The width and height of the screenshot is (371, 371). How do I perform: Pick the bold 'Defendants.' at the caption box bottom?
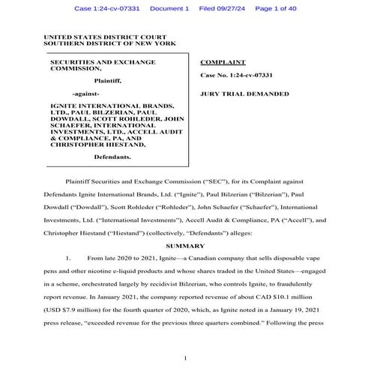[112, 157]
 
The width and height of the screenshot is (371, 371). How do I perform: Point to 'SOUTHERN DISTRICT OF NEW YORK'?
[109, 43]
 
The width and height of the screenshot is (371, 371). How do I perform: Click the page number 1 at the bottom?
[184, 358]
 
